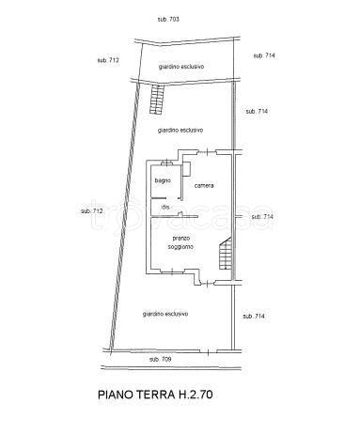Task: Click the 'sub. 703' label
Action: click(x=168, y=20)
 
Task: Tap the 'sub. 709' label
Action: click(x=161, y=360)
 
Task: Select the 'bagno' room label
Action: click(x=163, y=180)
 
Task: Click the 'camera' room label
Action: click(x=204, y=186)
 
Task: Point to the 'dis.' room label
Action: click(x=165, y=208)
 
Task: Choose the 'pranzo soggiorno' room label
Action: click(x=180, y=242)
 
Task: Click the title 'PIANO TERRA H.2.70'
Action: click(x=155, y=395)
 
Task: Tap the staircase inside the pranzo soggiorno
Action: click(x=226, y=253)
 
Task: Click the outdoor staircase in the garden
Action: click(x=157, y=100)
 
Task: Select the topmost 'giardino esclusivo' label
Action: click(x=181, y=67)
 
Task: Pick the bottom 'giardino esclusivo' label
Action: click(x=165, y=314)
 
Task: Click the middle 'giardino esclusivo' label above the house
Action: click(x=180, y=131)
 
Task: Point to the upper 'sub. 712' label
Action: click(x=108, y=60)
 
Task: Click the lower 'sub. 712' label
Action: click(x=91, y=211)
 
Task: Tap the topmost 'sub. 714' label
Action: click(x=264, y=55)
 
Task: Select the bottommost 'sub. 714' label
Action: click(x=254, y=317)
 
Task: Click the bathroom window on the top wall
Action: click(x=166, y=163)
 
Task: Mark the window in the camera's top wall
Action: click(x=207, y=152)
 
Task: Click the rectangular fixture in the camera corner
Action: click(x=187, y=169)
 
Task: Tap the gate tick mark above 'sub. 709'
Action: click(x=208, y=351)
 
